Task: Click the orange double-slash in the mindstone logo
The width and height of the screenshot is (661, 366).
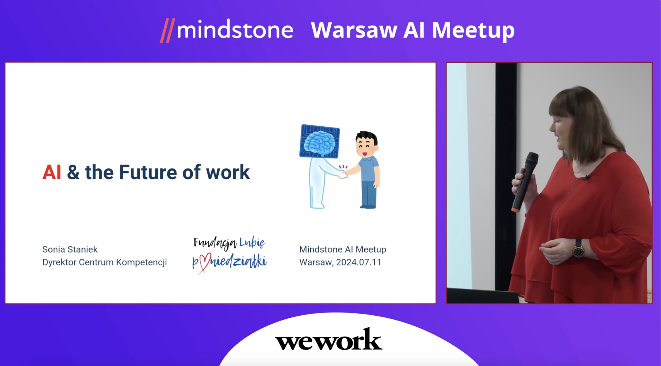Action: point(168,30)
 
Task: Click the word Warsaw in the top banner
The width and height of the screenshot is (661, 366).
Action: point(354,30)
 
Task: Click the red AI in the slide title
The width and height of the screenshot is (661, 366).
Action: point(52,172)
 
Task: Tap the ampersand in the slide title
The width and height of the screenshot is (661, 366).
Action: point(73,172)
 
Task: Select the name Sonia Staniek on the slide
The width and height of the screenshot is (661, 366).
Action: point(70,249)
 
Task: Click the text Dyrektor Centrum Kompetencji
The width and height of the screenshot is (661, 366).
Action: point(104,262)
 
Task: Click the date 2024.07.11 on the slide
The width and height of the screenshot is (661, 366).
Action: point(359,262)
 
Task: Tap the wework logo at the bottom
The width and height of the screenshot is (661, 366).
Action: point(328,339)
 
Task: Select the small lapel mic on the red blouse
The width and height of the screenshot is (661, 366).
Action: point(585,177)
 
